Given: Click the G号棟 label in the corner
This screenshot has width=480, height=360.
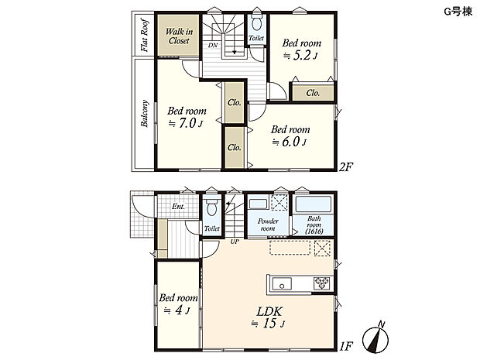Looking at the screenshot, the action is click(x=458, y=12).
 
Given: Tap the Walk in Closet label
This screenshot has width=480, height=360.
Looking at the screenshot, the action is click(x=179, y=36).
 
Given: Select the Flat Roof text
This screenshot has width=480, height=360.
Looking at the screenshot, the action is click(x=144, y=35).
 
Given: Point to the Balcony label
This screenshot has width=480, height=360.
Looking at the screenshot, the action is click(x=144, y=113).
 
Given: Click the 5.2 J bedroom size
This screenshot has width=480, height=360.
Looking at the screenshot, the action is click(x=300, y=56).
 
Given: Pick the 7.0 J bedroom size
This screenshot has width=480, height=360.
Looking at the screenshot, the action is click(x=186, y=123).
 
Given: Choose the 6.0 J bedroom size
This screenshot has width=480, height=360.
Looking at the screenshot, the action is click(x=290, y=142).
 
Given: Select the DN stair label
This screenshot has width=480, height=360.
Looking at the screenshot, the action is click(x=213, y=46).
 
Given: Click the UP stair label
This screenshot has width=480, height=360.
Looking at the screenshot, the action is click(x=235, y=242).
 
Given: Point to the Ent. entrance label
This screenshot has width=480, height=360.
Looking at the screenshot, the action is click(x=178, y=207).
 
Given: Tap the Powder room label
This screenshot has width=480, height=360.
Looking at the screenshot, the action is click(x=268, y=225).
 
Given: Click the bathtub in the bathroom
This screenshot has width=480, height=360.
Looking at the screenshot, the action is click(x=314, y=204).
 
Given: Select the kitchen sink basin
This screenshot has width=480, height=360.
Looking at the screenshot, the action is click(x=282, y=284).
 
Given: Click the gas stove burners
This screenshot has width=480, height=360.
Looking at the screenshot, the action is click(x=322, y=283).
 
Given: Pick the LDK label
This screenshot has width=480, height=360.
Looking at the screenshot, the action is click(x=269, y=312).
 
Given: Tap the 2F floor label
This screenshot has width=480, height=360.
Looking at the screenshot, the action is click(x=346, y=167).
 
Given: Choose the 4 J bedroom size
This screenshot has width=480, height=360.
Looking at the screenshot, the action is click(x=177, y=310).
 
